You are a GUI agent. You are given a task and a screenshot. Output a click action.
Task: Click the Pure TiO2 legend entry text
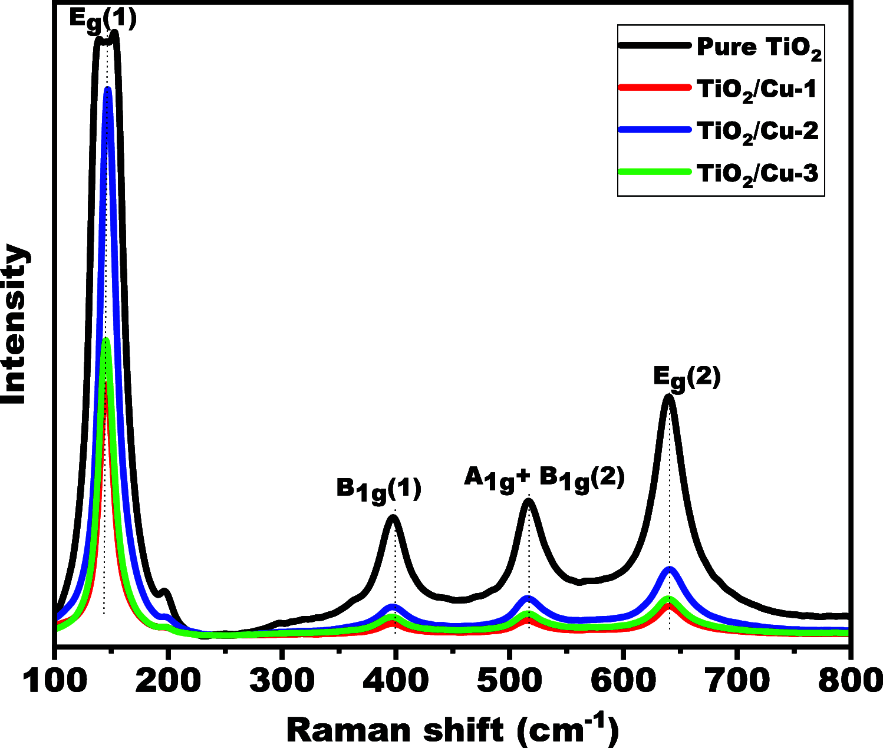[x=759, y=47]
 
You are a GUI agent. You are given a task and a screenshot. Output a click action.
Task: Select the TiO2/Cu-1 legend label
[x=757, y=90]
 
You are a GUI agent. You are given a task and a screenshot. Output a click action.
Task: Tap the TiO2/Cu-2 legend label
[x=757, y=131]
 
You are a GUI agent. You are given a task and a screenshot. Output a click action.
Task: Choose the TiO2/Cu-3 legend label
[x=757, y=174]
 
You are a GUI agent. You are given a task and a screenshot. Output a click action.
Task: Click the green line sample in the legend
[x=654, y=172]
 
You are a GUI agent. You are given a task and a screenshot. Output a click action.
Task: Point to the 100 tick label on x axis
[x=55, y=681]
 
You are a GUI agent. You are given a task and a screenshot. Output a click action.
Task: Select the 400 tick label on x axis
[x=396, y=681]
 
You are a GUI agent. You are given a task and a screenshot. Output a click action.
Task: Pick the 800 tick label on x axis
[x=849, y=681]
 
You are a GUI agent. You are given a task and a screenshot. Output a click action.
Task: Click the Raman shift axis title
[x=452, y=729]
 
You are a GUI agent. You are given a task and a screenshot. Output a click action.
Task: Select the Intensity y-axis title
[x=15, y=324]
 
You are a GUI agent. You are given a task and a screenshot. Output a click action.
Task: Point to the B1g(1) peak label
[x=379, y=490]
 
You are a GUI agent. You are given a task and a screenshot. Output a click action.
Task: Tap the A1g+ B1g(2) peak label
[x=543, y=479]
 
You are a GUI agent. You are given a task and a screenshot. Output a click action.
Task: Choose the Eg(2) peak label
[x=687, y=378]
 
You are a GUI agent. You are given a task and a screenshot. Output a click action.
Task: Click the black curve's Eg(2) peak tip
[x=668, y=397]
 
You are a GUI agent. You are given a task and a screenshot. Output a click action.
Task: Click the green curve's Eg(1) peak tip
[x=106, y=340]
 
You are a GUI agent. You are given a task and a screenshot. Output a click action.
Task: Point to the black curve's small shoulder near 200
[x=165, y=591]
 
